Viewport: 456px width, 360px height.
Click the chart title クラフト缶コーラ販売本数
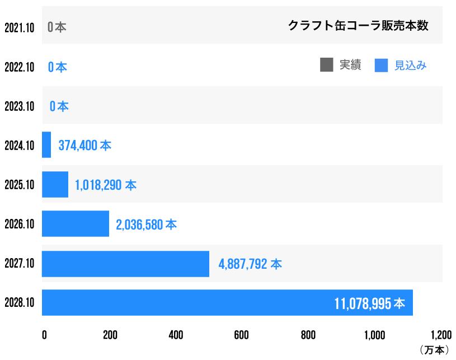[358, 26]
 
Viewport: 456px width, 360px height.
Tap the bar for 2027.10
[125, 264]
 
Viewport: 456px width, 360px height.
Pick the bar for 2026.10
[76, 224]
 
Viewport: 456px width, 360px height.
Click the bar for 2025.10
[55, 185]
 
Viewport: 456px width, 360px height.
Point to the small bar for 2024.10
[46, 145]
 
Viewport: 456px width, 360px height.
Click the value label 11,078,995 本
[369, 303]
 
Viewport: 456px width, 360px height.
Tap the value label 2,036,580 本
[146, 225]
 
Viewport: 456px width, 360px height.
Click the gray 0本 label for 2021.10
[57, 27]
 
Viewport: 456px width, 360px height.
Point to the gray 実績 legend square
[327, 65]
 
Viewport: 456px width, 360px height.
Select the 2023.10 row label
[20, 106]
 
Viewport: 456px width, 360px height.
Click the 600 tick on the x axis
[242, 335]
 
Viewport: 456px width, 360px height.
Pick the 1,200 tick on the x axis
[440, 335]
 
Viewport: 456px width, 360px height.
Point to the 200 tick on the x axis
[110, 335]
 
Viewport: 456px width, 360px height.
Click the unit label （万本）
[434, 350]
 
